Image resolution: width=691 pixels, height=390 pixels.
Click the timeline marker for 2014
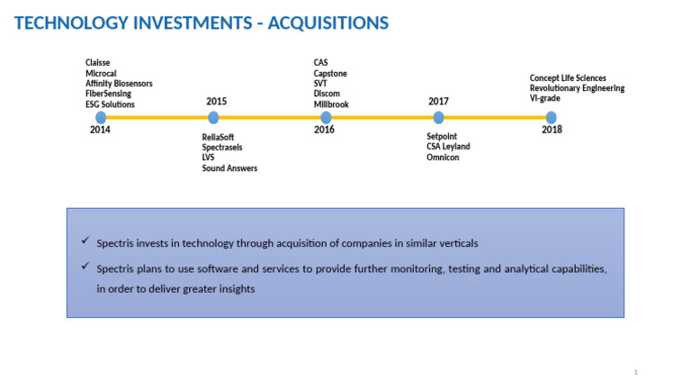[x=101, y=117]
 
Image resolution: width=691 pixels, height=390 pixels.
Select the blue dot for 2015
[x=213, y=117]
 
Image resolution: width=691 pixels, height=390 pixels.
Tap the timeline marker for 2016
[x=326, y=117]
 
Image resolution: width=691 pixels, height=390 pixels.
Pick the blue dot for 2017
[x=438, y=117]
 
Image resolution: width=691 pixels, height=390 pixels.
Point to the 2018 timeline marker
[x=551, y=117]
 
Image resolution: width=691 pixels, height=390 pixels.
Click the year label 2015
[x=216, y=102]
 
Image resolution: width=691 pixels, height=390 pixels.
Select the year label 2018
[x=552, y=131]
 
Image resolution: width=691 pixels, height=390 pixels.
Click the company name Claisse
[x=98, y=62]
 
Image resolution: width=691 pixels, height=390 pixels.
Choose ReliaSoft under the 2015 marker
[x=218, y=137]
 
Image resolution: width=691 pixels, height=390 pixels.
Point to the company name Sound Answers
[x=229, y=168]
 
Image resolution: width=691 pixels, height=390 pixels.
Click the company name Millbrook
[x=331, y=104]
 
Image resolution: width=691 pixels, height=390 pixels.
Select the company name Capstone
[x=330, y=73]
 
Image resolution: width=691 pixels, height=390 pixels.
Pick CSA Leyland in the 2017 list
[x=448, y=147]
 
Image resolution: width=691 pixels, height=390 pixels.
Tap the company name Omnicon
[x=444, y=158]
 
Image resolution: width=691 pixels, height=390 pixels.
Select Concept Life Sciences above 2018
[x=568, y=78]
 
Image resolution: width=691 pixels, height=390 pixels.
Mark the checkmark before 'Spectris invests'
[x=84, y=241]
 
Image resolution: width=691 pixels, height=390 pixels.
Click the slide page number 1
[x=635, y=372]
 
